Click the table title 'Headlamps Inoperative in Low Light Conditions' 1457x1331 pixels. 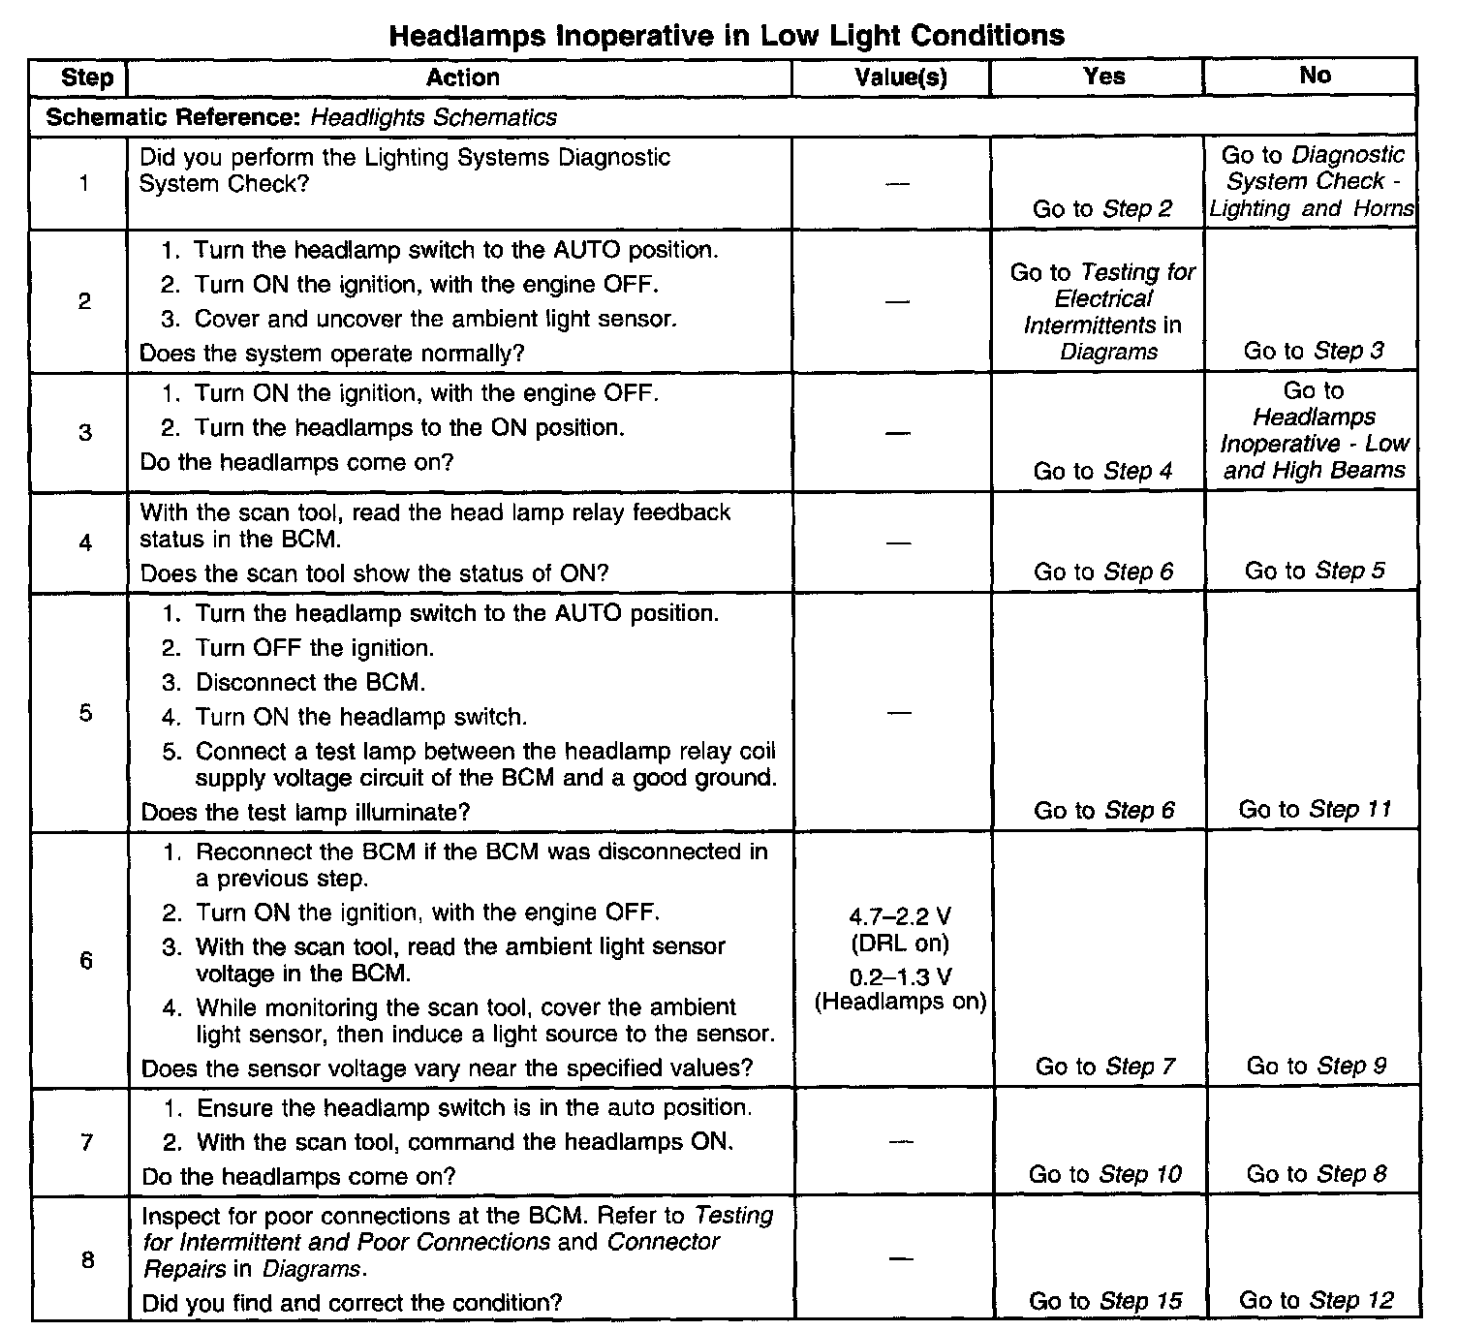click(727, 36)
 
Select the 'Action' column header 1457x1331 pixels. click(463, 77)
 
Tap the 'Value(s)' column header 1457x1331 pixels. click(900, 77)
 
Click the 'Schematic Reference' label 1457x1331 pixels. click(174, 118)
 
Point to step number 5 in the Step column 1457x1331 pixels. click(85, 713)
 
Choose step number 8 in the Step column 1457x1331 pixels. click(87, 1260)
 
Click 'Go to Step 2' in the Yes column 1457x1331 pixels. click(1102, 208)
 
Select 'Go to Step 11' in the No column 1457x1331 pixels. click(1315, 810)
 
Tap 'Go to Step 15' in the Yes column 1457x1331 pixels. click(1105, 1301)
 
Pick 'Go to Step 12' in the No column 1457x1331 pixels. click(1316, 1301)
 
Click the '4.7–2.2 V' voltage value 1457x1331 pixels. click(900, 916)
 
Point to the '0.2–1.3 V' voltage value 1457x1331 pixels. click(900, 975)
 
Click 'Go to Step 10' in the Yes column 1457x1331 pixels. click(1104, 1174)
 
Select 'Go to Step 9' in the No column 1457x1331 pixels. click(1316, 1067)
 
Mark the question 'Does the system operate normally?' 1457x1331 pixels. click(331, 354)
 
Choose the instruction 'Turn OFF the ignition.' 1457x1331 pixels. click(315, 648)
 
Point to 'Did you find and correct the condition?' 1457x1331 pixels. click(352, 1303)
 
